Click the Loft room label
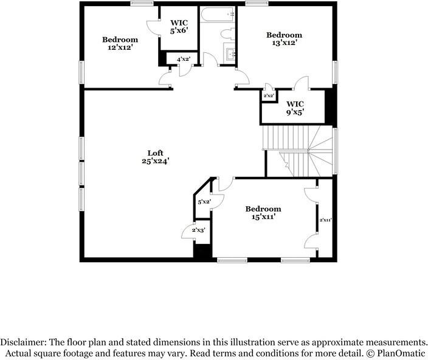pyautogui.click(x=155, y=153)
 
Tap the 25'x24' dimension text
pyautogui.click(x=156, y=161)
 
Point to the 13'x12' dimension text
pyautogui.click(x=284, y=43)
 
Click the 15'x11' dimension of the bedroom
pyautogui.click(x=263, y=217)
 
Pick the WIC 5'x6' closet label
pyautogui.click(x=179, y=27)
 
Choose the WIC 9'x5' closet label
pyautogui.click(x=295, y=108)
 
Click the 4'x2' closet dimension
pyautogui.click(x=184, y=59)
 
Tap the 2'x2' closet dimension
pyautogui.click(x=269, y=96)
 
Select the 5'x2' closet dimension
pyautogui.click(x=204, y=202)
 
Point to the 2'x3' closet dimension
pyautogui.click(x=198, y=230)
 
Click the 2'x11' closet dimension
pyautogui.click(x=325, y=220)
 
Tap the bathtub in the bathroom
pyautogui.click(x=217, y=15)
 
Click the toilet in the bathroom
pyautogui.click(x=227, y=34)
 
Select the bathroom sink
pyautogui.click(x=229, y=54)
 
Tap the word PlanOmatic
pyautogui.click(x=401, y=353)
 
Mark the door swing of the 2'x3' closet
pyautogui.click(x=188, y=232)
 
